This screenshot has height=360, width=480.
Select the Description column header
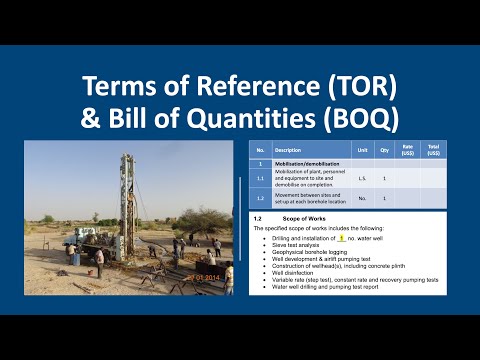tap(289, 151)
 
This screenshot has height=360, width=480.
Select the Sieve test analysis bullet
tap(291, 246)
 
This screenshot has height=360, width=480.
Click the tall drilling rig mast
tap(124, 195)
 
